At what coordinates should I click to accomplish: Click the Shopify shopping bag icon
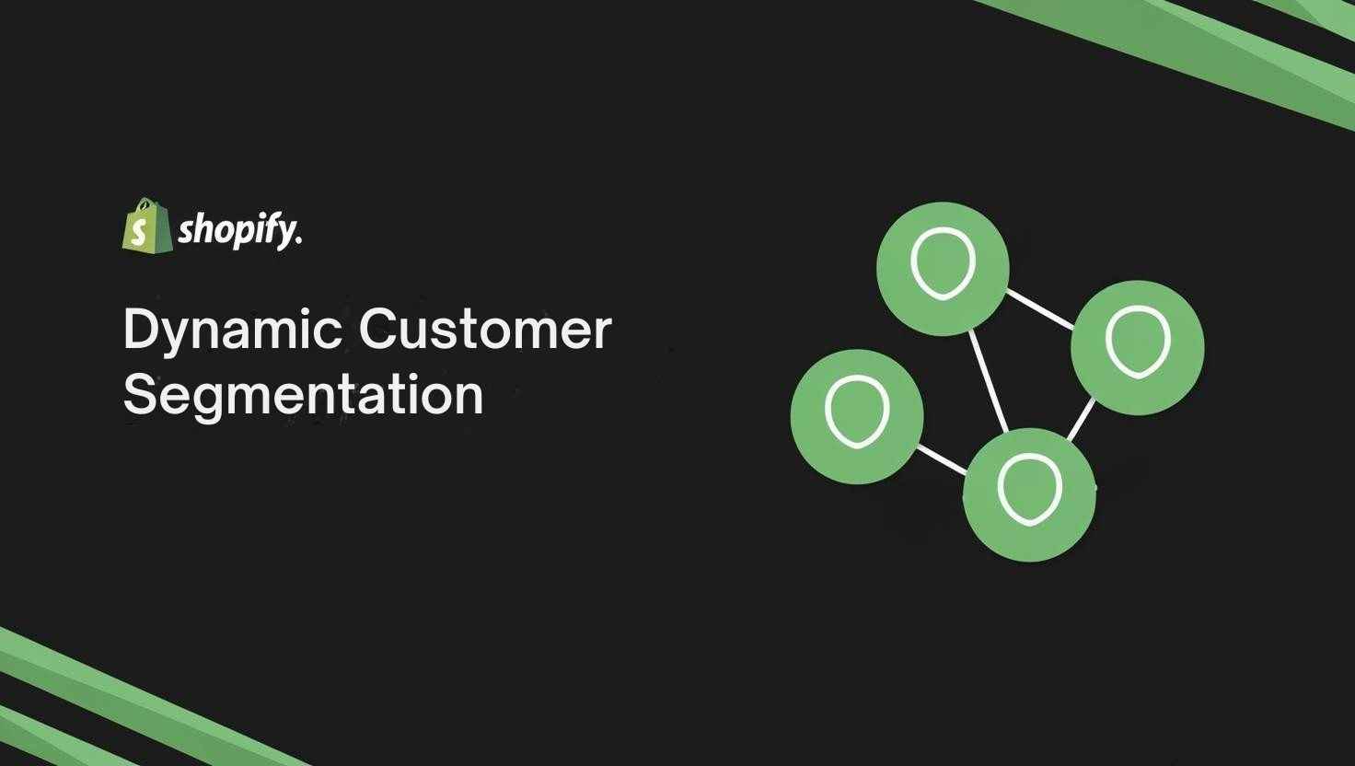147,225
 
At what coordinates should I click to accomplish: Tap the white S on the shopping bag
138,233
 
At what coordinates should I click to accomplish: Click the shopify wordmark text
239,231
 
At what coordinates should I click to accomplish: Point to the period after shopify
298,243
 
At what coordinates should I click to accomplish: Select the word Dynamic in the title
232,331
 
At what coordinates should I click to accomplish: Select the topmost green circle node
943,269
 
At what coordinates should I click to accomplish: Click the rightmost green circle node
1137,347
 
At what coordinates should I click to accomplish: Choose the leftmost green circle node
857,416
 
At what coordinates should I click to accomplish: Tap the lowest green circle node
1029,495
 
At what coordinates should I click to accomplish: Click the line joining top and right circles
1040,309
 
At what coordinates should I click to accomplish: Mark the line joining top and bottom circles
989,381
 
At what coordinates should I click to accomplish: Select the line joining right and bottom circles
1081,419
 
